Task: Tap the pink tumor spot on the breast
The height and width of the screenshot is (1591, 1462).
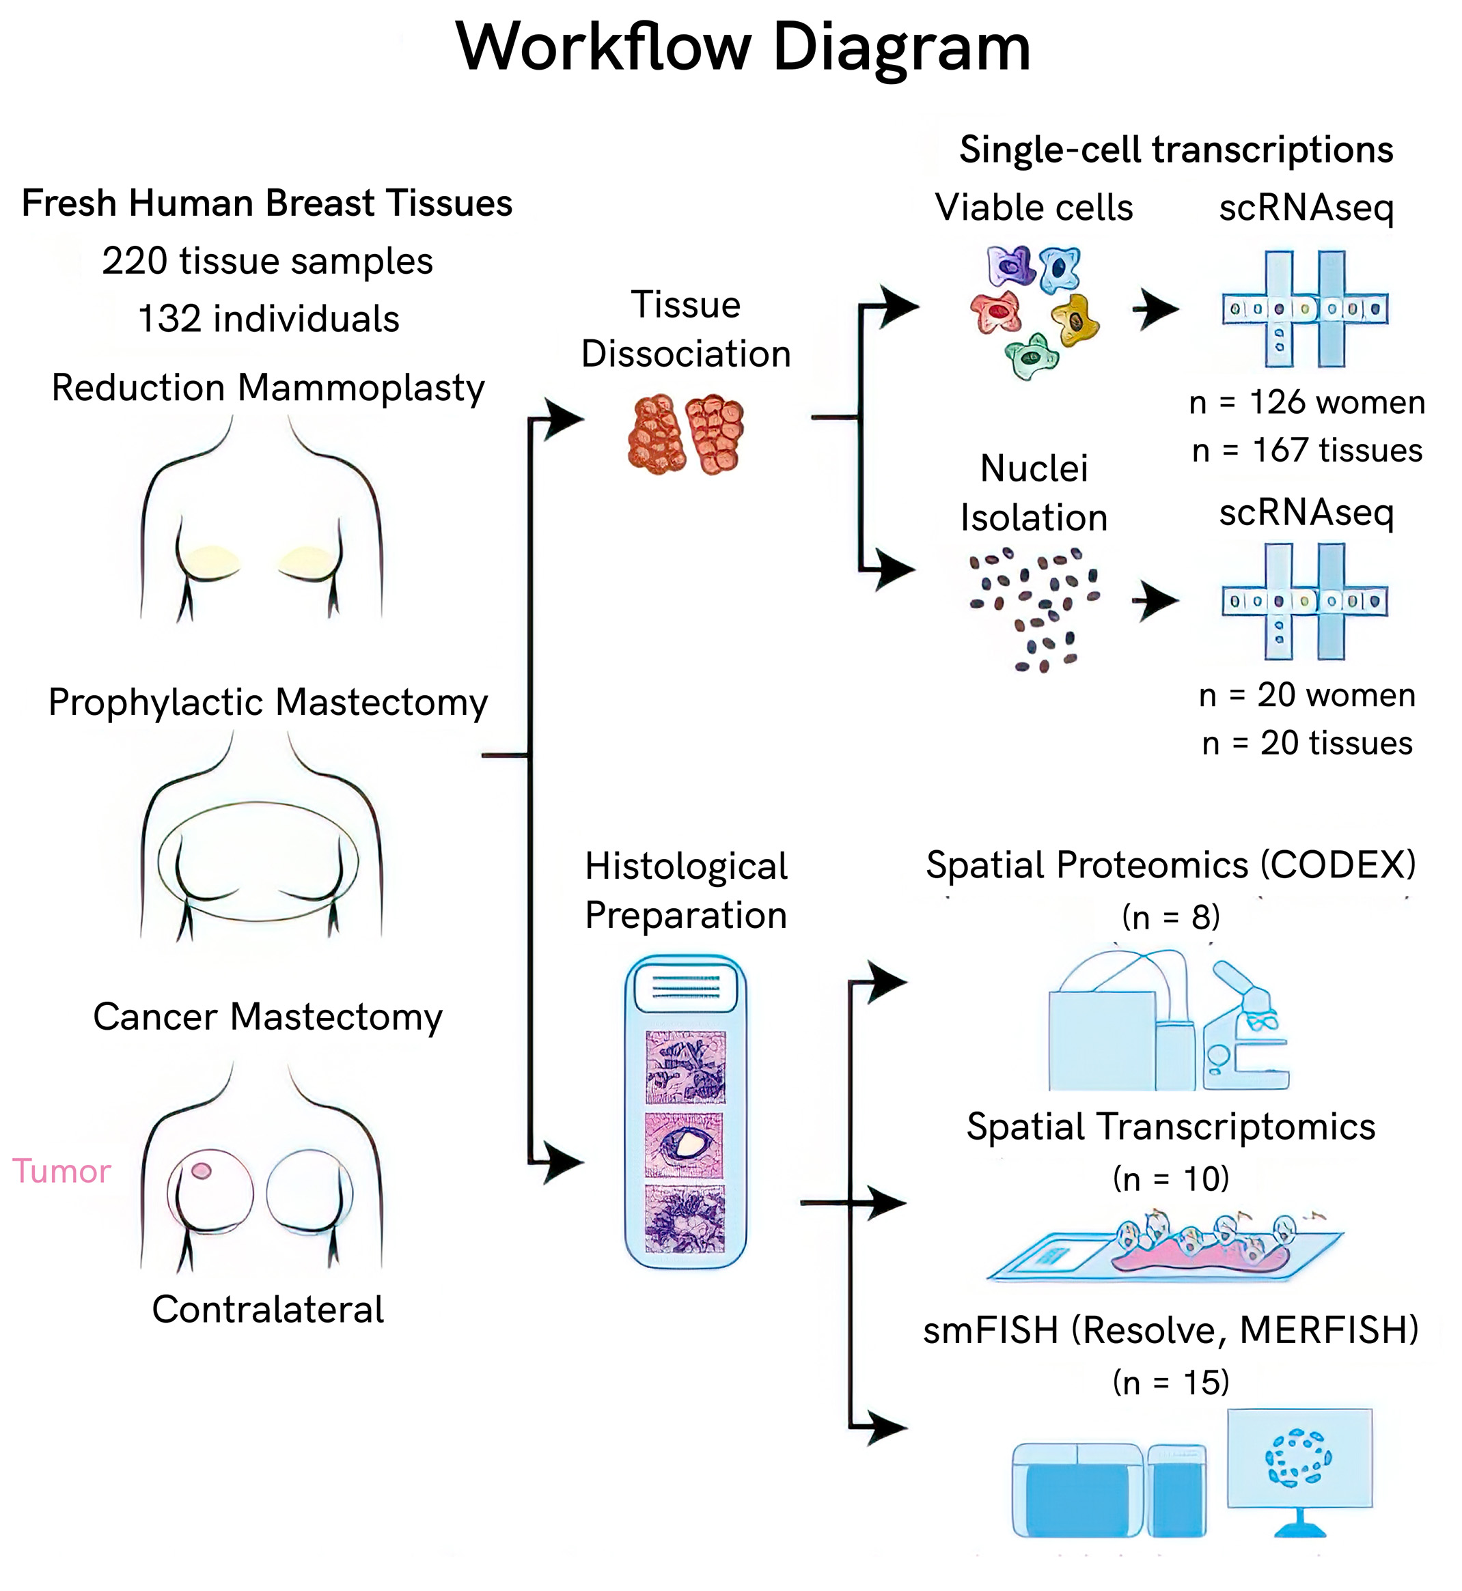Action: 202,1170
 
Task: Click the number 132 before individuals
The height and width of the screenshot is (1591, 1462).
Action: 169,320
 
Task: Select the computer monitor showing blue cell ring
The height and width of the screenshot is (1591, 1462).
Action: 1299,1460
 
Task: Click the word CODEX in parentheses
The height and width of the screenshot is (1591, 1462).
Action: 1337,865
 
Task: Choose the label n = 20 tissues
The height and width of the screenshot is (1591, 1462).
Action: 1307,744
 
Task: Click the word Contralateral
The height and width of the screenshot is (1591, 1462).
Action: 267,1310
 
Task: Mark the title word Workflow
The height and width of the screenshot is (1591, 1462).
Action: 603,47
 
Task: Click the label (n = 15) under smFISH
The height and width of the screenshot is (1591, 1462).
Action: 1171,1382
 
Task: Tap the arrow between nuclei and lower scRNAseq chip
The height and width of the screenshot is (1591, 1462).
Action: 1157,601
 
